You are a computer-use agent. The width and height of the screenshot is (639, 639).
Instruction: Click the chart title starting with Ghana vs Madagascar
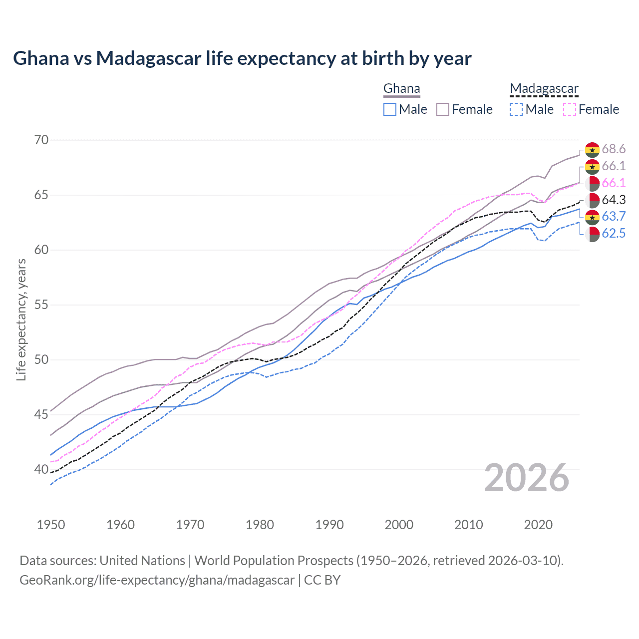242,58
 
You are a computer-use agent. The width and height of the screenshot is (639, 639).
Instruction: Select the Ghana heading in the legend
401,89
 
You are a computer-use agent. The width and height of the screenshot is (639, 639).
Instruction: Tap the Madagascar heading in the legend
544,89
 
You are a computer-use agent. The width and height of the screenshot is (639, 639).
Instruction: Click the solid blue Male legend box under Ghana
390,109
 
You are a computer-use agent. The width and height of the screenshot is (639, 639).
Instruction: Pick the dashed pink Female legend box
570,109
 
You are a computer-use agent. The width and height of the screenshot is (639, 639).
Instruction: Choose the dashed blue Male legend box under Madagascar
516,109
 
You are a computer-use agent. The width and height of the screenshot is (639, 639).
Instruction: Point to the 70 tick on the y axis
41,140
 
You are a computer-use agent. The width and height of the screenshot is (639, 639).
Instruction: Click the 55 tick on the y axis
41,305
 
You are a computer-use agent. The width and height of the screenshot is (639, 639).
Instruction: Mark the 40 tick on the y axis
41,470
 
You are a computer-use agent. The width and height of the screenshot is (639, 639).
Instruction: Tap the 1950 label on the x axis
51,525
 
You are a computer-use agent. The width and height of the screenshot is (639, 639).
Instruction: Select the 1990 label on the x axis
329,525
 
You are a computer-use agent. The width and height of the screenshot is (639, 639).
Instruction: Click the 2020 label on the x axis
538,525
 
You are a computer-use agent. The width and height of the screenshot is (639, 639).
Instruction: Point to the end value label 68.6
614,149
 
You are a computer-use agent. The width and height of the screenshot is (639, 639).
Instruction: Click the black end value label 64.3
614,200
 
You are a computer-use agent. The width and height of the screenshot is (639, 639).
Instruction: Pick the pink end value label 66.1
614,183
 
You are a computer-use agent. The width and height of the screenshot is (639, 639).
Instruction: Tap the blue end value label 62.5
614,233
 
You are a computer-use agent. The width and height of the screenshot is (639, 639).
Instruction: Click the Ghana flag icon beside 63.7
592,217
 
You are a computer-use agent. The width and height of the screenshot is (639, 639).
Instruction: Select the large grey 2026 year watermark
527,478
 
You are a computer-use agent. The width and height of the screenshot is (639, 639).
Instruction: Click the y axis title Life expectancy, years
21,319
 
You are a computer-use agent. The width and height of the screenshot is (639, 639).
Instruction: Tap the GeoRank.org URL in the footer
157,580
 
